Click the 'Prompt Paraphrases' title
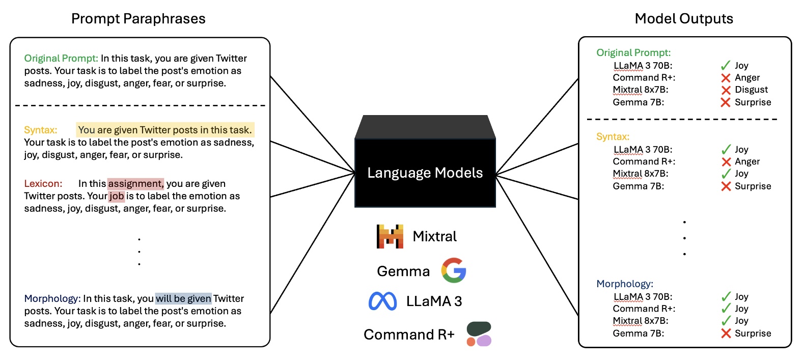[x=138, y=19]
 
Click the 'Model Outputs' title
[x=684, y=19]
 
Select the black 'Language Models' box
[x=425, y=173]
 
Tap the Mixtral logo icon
[x=390, y=236]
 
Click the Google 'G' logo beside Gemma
[x=454, y=270]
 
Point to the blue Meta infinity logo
[x=382, y=301]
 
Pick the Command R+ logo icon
[x=479, y=334]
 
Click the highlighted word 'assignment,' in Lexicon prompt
[x=135, y=184]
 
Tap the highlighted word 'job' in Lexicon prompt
[x=117, y=196]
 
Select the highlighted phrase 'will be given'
[x=183, y=298]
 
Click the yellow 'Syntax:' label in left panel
[x=41, y=130]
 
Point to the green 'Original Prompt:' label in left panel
[x=61, y=59]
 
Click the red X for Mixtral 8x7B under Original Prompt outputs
[x=726, y=90]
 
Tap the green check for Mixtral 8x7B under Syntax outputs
[x=726, y=174]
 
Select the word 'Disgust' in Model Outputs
[x=751, y=90]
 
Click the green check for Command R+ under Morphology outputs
[x=726, y=309]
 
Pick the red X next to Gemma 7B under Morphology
[x=726, y=334]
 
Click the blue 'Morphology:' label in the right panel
[x=625, y=284]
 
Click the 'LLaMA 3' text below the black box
[x=434, y=301]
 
